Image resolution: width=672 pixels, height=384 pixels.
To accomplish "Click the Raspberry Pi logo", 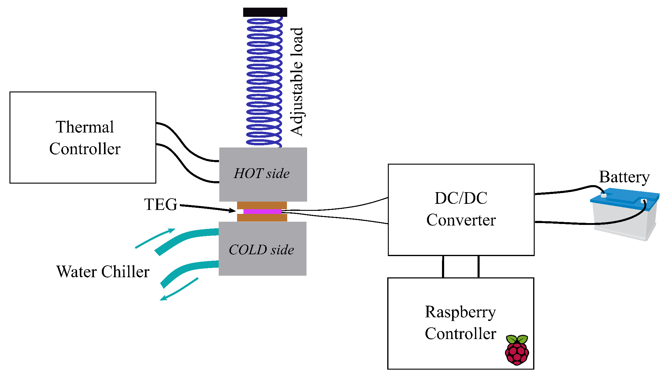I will (517, 350).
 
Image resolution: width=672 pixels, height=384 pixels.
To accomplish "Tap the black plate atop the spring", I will (265, 12).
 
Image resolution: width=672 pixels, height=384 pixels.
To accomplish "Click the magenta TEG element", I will (262, 211).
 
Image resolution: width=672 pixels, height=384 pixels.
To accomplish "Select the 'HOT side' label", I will (262, 173).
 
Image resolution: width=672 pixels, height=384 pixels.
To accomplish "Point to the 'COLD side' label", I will (261, 250).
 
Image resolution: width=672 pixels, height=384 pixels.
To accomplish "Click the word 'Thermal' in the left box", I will (85, 127).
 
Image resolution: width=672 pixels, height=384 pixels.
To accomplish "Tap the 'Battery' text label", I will (624, 177).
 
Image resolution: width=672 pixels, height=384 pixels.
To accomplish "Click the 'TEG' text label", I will (161, 204).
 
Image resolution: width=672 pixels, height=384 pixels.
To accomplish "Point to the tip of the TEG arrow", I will (235, 211).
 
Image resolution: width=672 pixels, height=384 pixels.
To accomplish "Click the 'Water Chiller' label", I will (103, 271).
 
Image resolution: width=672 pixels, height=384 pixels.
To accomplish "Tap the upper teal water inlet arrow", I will (155, 238).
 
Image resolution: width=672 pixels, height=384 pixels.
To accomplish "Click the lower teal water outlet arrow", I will (179, 289).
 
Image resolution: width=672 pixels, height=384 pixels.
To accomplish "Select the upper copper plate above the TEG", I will (262, 205).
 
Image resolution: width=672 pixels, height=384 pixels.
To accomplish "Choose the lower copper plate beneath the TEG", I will (262, 218).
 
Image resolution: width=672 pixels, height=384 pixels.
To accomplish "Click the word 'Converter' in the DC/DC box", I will (461, 220).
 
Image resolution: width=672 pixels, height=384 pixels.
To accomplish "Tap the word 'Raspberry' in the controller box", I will (460, 312).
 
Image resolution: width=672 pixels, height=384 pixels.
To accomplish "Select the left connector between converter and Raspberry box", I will (443, 267).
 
